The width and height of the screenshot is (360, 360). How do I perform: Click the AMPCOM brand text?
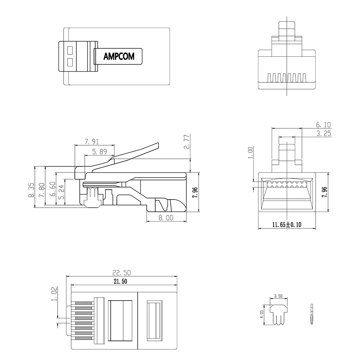coord(119,56)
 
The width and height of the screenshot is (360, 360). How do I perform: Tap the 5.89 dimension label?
coord(100,152)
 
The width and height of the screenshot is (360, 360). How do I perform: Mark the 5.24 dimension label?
coord(62,192)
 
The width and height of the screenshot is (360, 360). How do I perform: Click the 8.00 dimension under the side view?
coord(166,218)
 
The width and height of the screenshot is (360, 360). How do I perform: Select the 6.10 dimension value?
coord(323,125)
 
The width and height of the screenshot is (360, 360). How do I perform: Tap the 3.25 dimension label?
coord(323,134)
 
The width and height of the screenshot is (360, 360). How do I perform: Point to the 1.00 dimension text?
coord(250,152)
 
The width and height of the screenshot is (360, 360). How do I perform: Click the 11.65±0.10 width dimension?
coord(287,225)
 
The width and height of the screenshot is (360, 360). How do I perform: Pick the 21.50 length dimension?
coord(122,282)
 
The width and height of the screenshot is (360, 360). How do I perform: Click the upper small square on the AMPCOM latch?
coord(70,50)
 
